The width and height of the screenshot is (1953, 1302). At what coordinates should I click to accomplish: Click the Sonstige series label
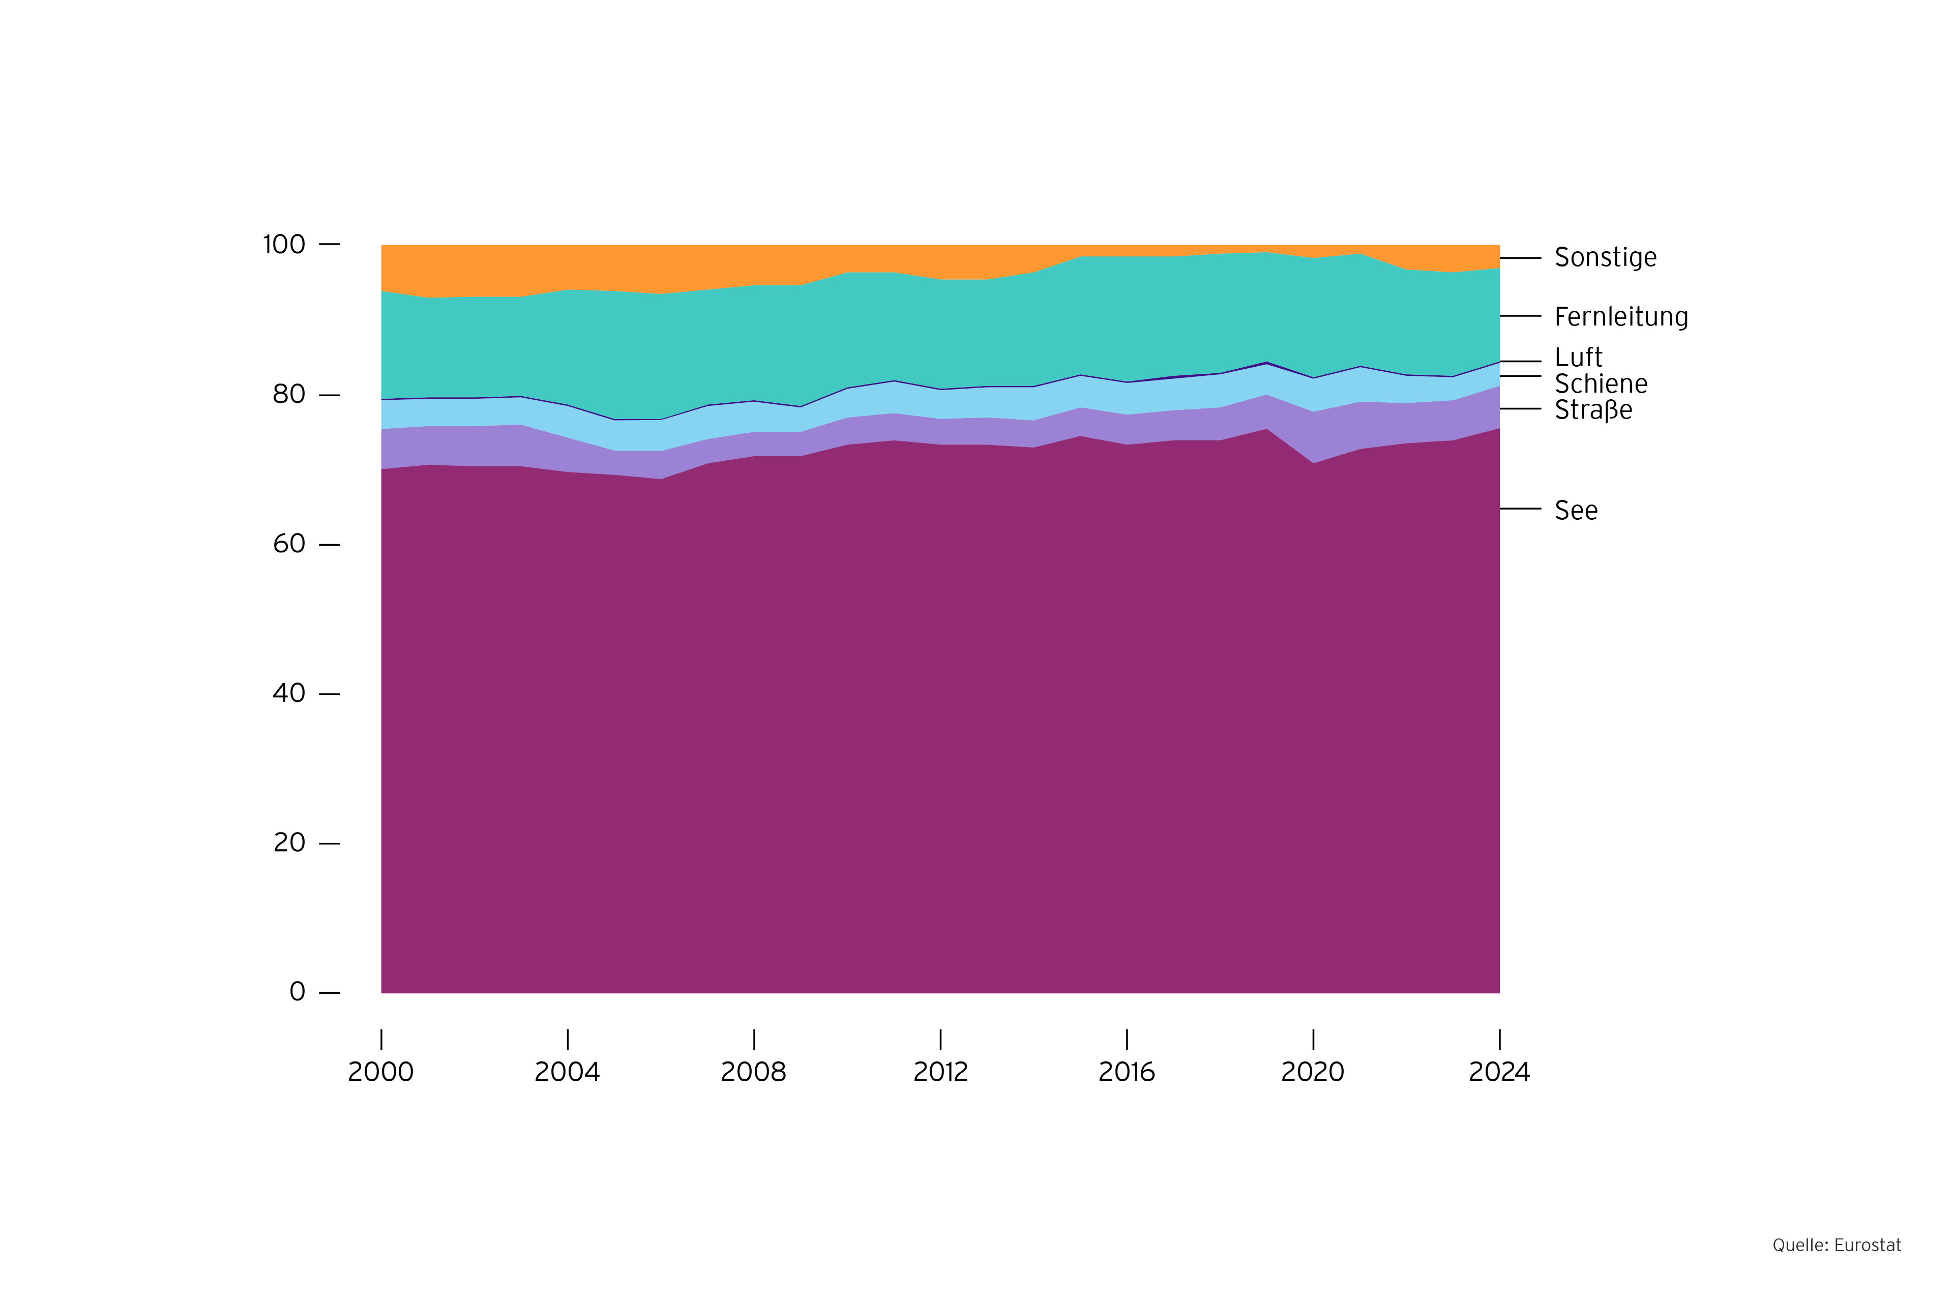pyautogui.click(x=1604, y=257)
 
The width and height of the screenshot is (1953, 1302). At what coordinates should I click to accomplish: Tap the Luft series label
pyautogui.click(x=1578, y=358)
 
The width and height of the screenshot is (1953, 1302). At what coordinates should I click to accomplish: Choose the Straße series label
pyautogui.click(x=1592, y=410)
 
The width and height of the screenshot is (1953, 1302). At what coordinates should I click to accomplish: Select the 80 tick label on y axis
pyautogui.click(x=289, y=395)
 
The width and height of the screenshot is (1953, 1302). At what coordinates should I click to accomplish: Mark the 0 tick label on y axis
pyautogui.click(x=297, y=992)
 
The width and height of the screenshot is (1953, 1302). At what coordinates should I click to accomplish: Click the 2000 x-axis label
pyautogui.click(x=380, y=1073)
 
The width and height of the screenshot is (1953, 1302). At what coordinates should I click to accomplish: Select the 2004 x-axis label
pyautogui.click(x=567, y=1073)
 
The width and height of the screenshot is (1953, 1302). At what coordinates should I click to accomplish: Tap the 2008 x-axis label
pyautogui.click(x=753, y=1073)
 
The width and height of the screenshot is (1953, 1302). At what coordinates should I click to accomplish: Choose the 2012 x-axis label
pyautogui.click(x=940, y=1073)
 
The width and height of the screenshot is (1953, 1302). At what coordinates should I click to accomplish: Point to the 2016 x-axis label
pyautogui.click(x=1126, y=1073)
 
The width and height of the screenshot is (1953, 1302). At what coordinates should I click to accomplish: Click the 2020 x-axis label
pyautogui.click(x=1312, y=1073)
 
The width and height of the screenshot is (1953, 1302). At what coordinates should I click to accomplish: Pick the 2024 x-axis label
pyautogui.click(x=1499, y=1073)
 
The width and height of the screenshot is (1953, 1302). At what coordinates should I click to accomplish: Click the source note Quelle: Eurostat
pyautogui.click(x=1836, y=1246)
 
